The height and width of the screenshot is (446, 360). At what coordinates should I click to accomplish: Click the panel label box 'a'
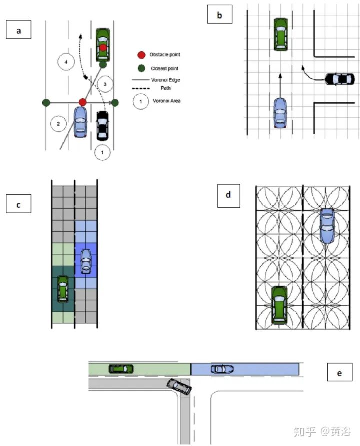(19, 30)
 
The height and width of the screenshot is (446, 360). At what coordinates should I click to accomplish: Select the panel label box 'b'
(219, 14)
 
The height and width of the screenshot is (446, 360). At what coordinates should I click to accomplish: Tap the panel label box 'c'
(19, 204)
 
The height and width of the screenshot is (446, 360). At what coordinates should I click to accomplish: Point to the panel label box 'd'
(228, 196)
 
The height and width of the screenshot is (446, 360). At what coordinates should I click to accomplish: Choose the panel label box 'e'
(340, 372)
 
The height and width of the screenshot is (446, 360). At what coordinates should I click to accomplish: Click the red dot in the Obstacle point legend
(141, 55)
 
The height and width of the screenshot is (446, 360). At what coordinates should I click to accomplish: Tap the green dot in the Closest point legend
(141, 68)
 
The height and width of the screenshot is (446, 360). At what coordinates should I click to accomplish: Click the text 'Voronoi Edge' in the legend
(165, 80)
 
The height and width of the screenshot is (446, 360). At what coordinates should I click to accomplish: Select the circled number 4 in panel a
(66, 62)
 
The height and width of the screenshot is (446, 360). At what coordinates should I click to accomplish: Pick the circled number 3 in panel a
(105, 84)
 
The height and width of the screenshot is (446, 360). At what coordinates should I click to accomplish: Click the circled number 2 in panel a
(58, 124)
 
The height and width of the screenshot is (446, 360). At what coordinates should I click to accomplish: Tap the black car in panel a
(102, 126)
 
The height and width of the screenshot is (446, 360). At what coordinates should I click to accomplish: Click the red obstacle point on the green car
(103, 48)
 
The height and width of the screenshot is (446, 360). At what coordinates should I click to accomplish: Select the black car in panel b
(340, 79)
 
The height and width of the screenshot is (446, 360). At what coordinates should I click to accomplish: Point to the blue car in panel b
(280, 113)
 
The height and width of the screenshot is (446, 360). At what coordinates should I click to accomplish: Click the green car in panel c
(63, 289)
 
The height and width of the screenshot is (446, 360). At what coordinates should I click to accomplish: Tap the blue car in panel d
(327, 226)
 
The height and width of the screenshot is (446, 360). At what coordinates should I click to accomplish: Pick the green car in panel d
(279, 305)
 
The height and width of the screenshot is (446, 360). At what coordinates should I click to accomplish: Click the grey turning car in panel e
(179, 386)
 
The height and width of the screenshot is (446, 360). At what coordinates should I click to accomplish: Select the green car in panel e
(121, 369)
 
